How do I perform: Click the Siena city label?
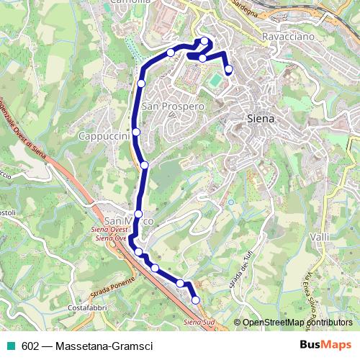(x=261, y=119)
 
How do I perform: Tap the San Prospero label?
(x=173, y=106)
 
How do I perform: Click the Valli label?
(x=318, y=237)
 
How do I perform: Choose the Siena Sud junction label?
(x=199, y=321)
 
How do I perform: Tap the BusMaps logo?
(x=325, y=346)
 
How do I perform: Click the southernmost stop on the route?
(x=195, y=300)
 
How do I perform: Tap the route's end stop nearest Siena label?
(x=229, y=70)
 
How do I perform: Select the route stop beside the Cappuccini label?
(x=135, y=132)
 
